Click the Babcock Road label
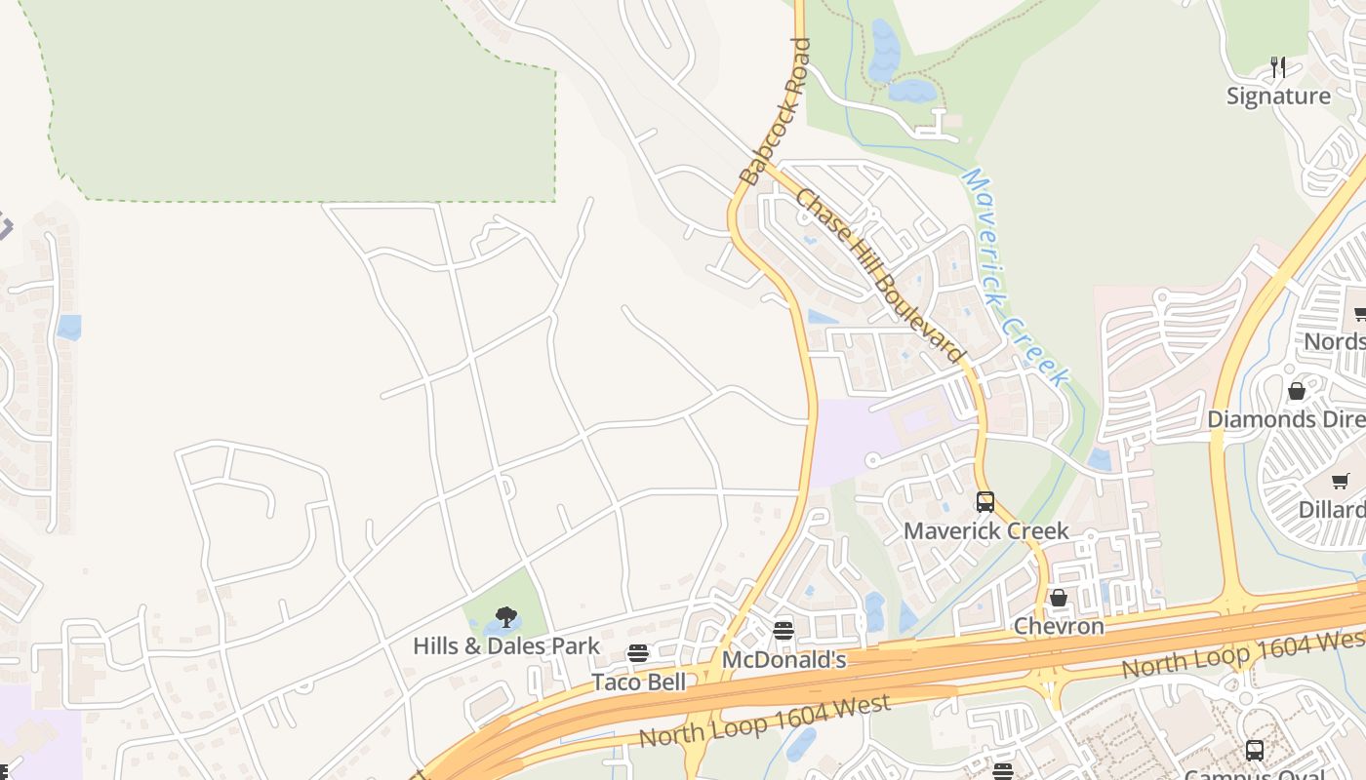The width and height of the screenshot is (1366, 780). click(x=776, y=111)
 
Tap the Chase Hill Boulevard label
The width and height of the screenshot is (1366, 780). click(x=878, y=276)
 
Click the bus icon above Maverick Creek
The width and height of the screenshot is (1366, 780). click(x=985, y=502)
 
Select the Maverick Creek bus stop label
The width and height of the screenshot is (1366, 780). click(x=985, y=531)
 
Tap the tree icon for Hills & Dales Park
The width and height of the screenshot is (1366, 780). click(x=505, y=617)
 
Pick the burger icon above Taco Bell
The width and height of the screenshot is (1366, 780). click(x=638, y=653)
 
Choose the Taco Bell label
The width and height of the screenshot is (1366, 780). click(x=638, y=682)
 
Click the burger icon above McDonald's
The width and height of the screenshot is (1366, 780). click(x=783, y=631)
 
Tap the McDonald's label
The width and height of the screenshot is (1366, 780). click(x=783, y=660)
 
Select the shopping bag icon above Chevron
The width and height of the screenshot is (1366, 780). click(x=1059, y=597)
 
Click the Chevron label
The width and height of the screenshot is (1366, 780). click(x=1059, y=626)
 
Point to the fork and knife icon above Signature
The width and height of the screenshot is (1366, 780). click(x=1278, y=67)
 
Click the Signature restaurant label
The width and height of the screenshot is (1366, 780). click(x=1278, y=96)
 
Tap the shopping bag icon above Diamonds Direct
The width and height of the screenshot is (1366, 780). click(x=1297, y=391)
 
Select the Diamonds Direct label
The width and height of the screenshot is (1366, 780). click(x=1286, y=419)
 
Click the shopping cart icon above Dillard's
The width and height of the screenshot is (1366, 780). click(x=1341, y=481)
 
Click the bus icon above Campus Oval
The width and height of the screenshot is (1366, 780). click(x=1255, y=751)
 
